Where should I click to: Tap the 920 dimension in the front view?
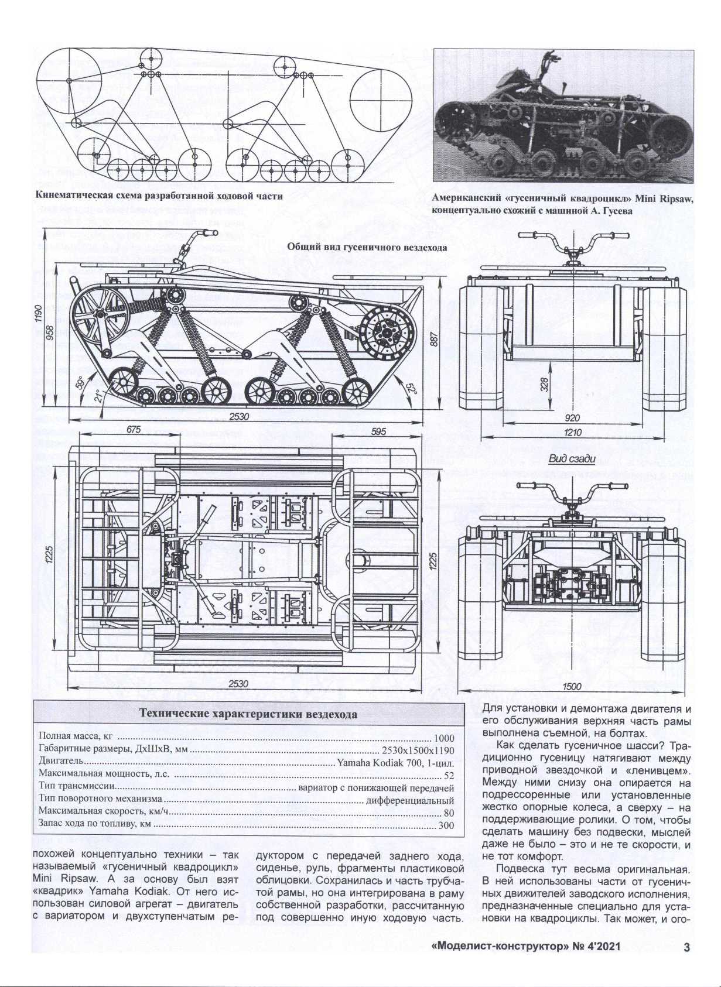point(573,418)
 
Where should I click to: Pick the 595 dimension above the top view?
point(378,431)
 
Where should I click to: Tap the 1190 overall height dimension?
point(39,314)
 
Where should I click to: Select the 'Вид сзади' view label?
point(572,459)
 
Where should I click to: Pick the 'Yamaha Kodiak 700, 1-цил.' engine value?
point(395,763)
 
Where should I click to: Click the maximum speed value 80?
point(449,813)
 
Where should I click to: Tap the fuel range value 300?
point(446,825)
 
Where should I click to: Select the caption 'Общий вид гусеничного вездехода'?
point(367,247)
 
